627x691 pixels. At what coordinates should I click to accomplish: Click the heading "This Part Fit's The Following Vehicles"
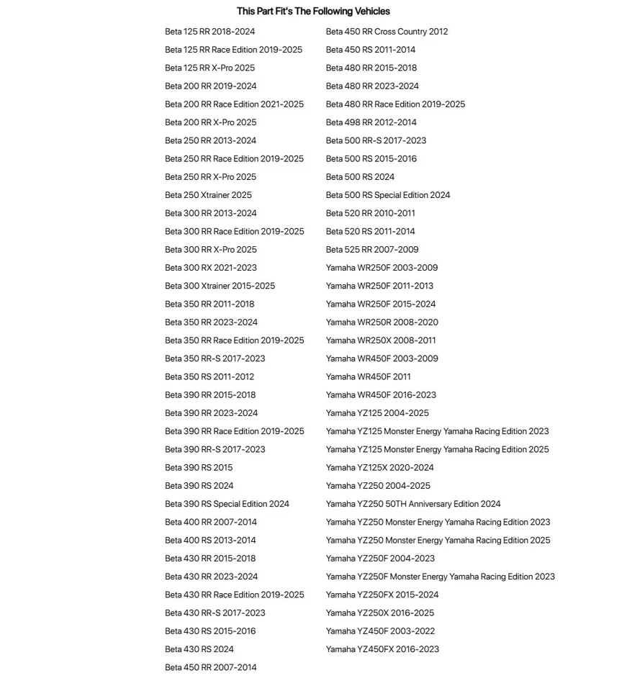[x=313, y=12]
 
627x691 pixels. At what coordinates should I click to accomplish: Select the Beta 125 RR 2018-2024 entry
[x=209, y=32]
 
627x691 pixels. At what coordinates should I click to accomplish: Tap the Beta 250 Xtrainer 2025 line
[x=208, y=195]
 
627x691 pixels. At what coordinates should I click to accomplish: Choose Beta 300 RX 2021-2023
[x=210, y=268]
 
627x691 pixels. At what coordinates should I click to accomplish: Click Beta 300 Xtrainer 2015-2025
[x=220, y=286]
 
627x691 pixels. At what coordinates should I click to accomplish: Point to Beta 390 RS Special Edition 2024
[x=227, y=504]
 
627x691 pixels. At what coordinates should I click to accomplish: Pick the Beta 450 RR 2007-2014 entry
[x=210, y=667]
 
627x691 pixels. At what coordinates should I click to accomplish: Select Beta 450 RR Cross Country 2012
[x=387, y=32]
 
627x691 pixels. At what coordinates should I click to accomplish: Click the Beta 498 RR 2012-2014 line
[x=371, y=122]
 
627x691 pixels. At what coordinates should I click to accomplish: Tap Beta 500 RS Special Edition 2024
[x=388, y=195]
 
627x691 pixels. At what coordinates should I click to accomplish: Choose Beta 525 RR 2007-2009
[x=372, y=250]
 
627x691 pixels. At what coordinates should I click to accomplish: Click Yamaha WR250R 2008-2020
[x=382, y=322]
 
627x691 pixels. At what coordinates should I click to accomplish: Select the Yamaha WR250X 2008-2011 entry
[x=381, y=340]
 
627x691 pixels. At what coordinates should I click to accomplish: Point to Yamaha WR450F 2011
[x=368, y=376]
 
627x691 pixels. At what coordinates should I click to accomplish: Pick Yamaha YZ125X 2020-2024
[x=379, y=468]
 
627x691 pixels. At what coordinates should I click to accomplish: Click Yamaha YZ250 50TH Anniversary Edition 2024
[x=413, y=504]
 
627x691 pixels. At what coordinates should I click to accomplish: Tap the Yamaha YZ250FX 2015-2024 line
[x=382, y=595]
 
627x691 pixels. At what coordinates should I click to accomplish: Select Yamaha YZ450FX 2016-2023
[x=382, y=649]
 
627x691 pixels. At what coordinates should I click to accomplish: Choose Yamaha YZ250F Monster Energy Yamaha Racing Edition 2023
[x=440, y=577]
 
